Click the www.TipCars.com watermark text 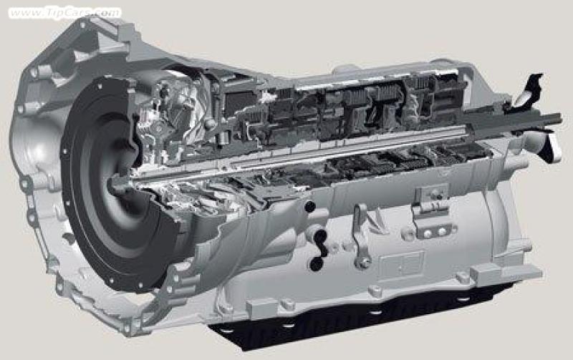65,13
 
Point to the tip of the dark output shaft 559,117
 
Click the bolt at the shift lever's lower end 363,262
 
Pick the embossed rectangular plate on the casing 401,263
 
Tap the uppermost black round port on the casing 309,207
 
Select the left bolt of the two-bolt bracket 427,233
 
